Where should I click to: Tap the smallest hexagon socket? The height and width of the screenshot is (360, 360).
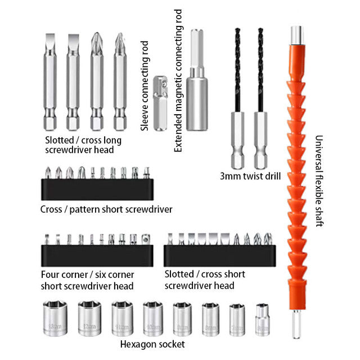click(x=263, y=319)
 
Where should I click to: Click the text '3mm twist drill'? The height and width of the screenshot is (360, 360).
click(x=250, y=176)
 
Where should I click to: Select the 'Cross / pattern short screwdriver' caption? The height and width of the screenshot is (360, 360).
click(x=106, y=209)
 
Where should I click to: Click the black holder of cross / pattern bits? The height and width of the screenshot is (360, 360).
click(x=97, y=190)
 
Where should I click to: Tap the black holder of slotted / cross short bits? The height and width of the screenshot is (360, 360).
click(x=220, y=255)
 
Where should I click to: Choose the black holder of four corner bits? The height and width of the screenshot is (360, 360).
click(x=97, y=255)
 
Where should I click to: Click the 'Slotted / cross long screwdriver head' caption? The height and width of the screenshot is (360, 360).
click(x=83, y=145)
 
